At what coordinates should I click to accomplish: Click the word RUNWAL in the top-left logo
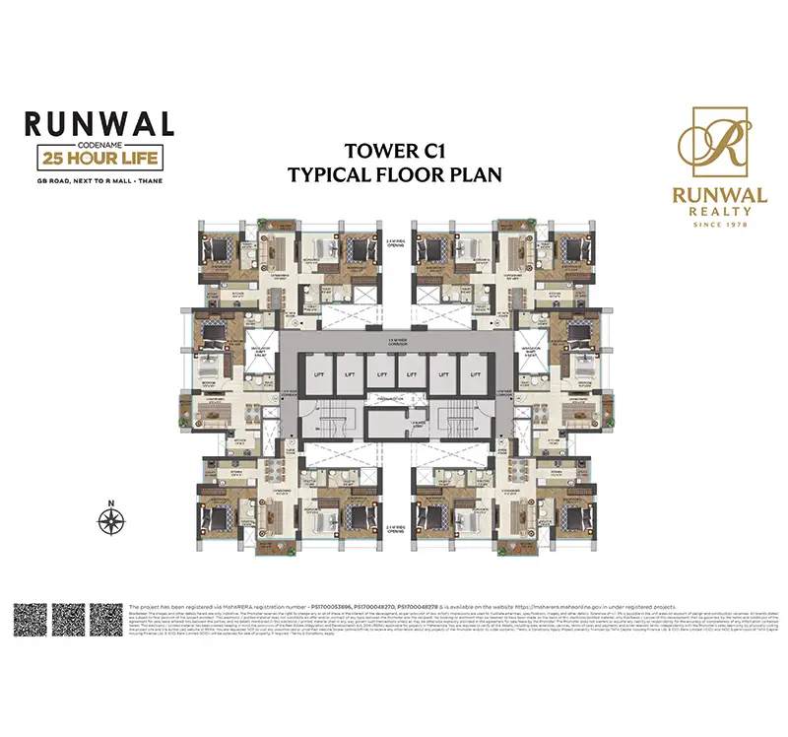tap(99, 124)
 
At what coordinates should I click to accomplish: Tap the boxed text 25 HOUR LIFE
tap(99, 158)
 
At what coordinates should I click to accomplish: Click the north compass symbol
tap(112, 515)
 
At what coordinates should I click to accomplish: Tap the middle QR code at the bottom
tap(70, 620)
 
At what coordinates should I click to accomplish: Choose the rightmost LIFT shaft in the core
tap(475, 373)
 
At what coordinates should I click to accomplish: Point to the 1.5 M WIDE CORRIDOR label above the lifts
tap(394, 338)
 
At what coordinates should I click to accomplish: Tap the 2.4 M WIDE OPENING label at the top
tap(394, 240)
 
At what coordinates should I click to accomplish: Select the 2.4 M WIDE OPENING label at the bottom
tap(394, 502)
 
